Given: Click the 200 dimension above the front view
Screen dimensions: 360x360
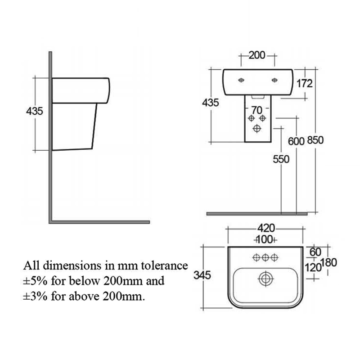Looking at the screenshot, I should pos(257,56).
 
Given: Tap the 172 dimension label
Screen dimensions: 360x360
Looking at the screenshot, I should pos(305,84).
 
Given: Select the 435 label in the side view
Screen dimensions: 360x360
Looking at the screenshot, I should pos(35,111).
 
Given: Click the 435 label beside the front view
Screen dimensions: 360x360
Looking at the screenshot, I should pos(211,103).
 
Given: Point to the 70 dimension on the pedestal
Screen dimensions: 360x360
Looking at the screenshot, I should pos(256,109).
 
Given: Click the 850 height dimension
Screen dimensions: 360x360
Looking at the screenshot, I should pos(315,140).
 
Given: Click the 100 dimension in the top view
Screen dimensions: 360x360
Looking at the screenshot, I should pos(265,239).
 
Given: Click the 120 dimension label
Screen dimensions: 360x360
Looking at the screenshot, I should pos(314,267).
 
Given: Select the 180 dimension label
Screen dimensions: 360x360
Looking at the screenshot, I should pos(329,262).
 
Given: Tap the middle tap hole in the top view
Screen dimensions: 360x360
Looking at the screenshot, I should pos(265,257).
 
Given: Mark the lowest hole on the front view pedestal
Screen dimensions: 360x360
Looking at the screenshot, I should pos(257,129).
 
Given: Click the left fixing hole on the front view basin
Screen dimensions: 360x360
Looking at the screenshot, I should pos(241,81).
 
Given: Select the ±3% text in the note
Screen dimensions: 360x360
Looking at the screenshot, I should pos(35,296).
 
